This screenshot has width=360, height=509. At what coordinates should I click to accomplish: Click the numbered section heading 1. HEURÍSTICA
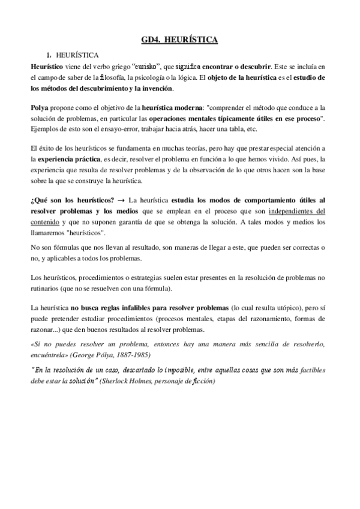[x=74, y=55]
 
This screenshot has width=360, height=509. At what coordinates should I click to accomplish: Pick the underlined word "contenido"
[x=46, y=222]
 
